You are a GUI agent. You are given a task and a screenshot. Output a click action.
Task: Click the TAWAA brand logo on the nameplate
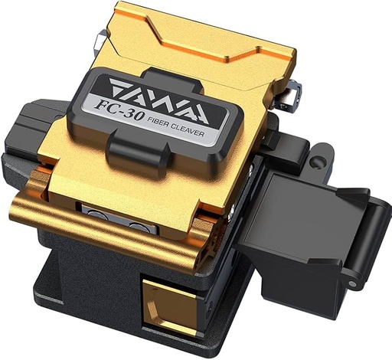tap(159, 101)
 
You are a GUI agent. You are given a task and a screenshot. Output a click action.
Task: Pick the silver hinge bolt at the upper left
tap(101, 40)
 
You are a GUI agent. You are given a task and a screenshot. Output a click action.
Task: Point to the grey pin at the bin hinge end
tap(353, 283)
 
